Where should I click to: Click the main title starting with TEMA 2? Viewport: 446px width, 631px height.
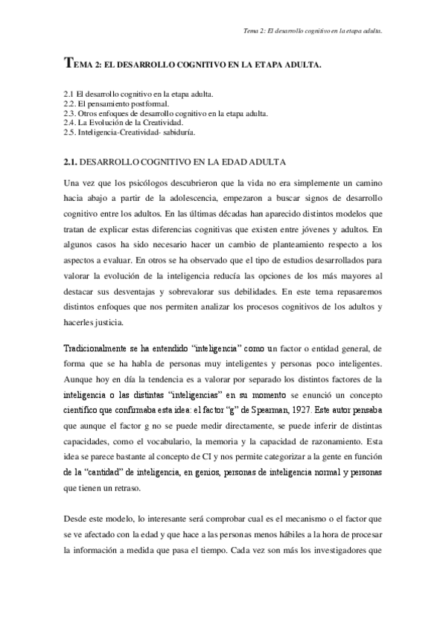pyautogui.click(x=193, y=66)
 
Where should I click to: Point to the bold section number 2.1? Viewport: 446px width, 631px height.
pyautogui.click(x=70, y=161)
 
